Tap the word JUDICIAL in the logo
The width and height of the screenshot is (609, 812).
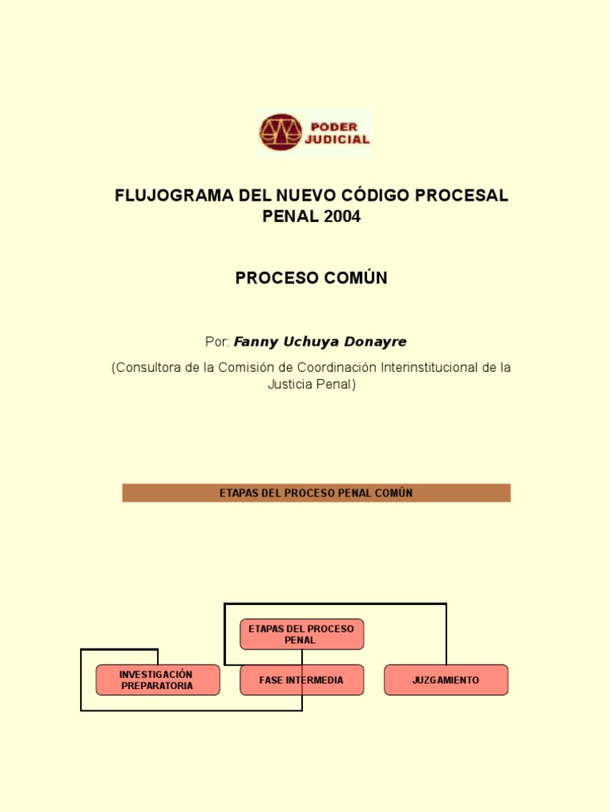point(338,140)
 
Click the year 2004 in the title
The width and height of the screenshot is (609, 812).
point(342,216)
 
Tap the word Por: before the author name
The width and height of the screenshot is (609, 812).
point(217,342)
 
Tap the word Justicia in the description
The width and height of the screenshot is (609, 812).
point(290,385)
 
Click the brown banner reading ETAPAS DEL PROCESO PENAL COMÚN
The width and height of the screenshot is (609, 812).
point(316,493)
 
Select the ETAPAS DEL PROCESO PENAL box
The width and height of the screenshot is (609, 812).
point(301,634)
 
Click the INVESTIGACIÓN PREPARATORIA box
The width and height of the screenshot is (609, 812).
point(157,680)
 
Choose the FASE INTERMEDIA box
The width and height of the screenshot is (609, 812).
point(301,680)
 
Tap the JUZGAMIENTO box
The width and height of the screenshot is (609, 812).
point(446,680)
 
